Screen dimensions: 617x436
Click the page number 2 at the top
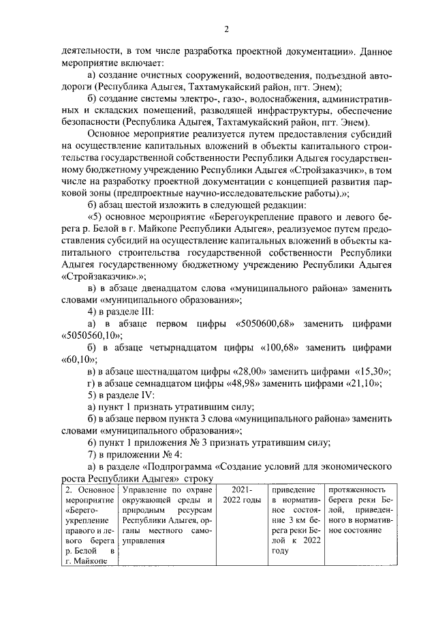click(226, 28)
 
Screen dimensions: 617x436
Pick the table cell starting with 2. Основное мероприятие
click(91, 525)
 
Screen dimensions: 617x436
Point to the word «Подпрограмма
click(178, 467)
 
